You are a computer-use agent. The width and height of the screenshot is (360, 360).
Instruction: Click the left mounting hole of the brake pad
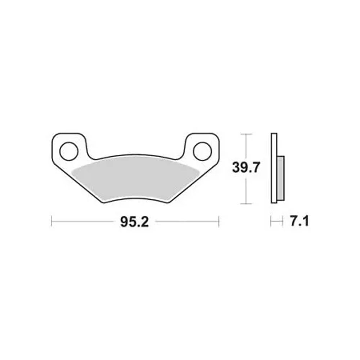[x=69, y=151]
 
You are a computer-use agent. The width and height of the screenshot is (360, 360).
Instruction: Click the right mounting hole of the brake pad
[x=202, y=151]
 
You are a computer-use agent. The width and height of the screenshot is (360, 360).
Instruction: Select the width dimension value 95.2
[x=135, y=222]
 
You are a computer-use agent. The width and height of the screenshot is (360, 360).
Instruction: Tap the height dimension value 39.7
[x=246, y=167]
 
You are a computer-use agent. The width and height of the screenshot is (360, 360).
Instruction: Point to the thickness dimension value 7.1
[x=300, y=221]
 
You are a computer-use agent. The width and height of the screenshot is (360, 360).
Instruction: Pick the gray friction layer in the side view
[x=281, y=179]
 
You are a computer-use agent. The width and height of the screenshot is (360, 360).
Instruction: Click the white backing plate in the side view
[x=274, y=168]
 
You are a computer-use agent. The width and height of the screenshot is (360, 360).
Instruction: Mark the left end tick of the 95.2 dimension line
[x=51, y=221]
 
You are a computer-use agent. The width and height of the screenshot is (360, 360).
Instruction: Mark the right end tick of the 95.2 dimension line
[x=219, y=221]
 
